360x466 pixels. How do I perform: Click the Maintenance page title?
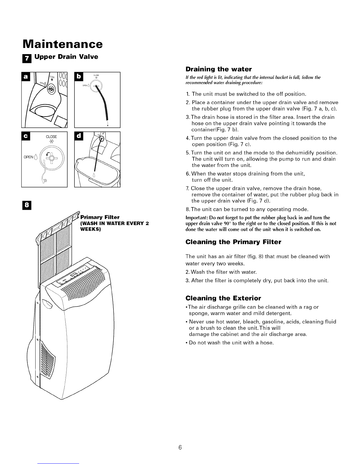point(63,44)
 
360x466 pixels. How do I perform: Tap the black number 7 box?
point(27,59)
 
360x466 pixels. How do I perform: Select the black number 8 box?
point(27,205)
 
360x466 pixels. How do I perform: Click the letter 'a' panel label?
point(26,76)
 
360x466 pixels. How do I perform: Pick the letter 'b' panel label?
point(79,76)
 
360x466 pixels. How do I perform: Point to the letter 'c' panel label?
point(26,136)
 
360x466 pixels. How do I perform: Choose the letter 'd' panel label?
point(79,136)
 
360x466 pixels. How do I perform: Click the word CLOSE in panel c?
point(51,137)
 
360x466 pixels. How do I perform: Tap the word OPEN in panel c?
point(29,157)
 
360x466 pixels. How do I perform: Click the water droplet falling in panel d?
point(94,175)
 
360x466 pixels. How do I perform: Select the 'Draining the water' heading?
point(219,69)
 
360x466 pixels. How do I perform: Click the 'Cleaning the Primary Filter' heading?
point(233,242)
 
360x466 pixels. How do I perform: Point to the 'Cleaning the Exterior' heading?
point(223,298)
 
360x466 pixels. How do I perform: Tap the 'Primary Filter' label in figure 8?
point(100,217)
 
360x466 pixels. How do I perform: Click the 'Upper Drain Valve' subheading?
point(66,57)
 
